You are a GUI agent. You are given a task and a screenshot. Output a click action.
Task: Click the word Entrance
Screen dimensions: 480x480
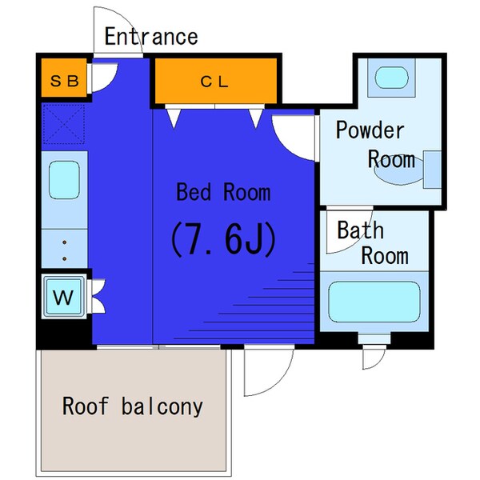click(151, 37)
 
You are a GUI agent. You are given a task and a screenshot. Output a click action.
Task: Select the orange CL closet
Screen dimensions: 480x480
click(214, 81)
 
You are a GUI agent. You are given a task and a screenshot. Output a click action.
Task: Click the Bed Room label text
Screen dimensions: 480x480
click(223, 192)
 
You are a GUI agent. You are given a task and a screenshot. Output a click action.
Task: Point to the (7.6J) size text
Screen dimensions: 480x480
click(222, 238)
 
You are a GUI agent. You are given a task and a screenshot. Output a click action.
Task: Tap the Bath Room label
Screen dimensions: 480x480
click(371, 243)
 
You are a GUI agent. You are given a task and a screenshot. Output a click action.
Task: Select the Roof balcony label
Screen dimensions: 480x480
click(133, 406)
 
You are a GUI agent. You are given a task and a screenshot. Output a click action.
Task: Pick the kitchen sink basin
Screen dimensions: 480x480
click(65, 182)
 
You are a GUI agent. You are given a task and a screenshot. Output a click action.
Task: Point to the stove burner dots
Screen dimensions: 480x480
click(64, 249)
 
